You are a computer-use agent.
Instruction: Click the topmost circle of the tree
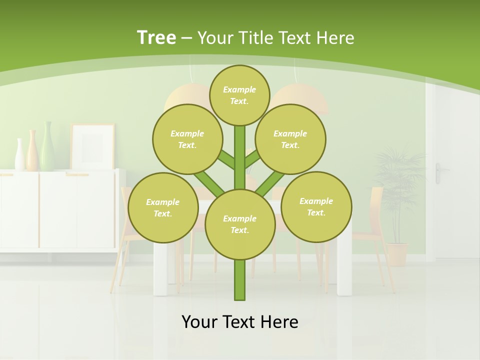[x=239, y=95]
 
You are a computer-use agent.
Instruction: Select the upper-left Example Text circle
[x=187, y=139]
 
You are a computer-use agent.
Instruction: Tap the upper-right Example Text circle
[x=290, y=139]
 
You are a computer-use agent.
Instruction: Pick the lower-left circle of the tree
[x=163, y=207]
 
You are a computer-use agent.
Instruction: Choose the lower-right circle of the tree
[x=316, y=206]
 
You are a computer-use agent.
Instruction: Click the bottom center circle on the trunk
[x=240, y=224]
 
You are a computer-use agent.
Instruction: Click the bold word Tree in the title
[x=156, y=37]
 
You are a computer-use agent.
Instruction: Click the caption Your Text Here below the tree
[x=240, y=321]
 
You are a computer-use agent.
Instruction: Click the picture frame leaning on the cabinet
[x=92, y=146]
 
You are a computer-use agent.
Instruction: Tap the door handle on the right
[x=439, y=170]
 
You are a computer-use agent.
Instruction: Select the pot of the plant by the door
[x=397, y=254]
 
